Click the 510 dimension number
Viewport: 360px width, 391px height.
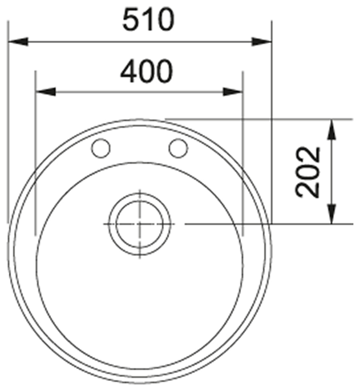pyautogui.click(x=148, y=20)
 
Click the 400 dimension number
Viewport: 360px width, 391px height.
pyautogui.click(x=146, y=71)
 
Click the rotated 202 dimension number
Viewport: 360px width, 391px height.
pyautogui.click(x=307, y=172)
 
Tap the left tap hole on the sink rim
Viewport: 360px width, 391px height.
pyautogui.click(x=101, y=148)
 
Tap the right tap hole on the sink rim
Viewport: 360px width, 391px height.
pyautogui.click(x=178, y=148)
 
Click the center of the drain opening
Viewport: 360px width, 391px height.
pyautogui.click(x=140, y=224)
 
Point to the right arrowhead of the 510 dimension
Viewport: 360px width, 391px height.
pyautogui.click(x=261, y=42)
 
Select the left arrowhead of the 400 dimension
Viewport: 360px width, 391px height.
pyautogui.click(x=46, y=92)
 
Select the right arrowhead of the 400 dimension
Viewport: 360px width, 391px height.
pyautogui.click(x=233, y=92)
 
